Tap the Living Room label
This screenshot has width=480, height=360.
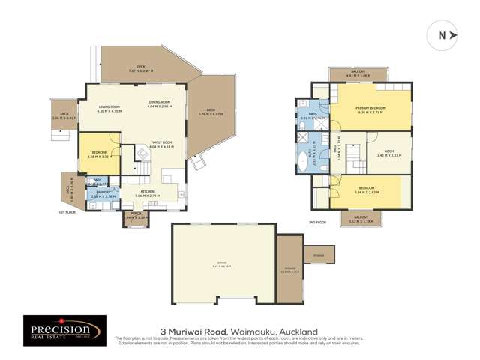[109, 109]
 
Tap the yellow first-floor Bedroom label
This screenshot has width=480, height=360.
[100, 154]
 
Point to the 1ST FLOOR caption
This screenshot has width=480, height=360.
[68, 212]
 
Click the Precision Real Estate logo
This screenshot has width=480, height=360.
[60, 331]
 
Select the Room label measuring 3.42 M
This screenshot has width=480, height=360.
[389, 154]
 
